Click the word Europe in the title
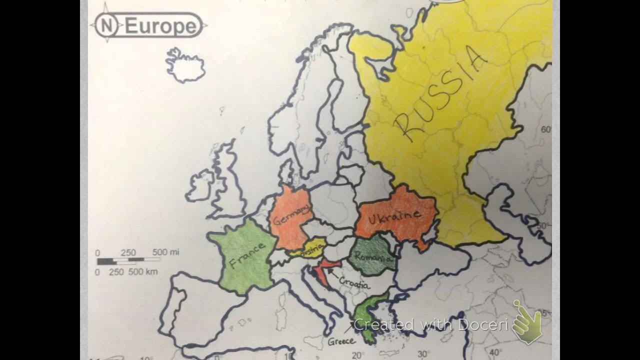pos(160,26)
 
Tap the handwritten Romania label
pos(372,258)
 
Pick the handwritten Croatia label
pos(354,283)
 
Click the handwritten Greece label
pos(341,341)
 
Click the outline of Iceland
pos(185,65)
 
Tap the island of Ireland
pos(200,185)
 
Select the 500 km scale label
pos(144,271)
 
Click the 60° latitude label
pos(545,130)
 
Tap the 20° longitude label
pos(357,355)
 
